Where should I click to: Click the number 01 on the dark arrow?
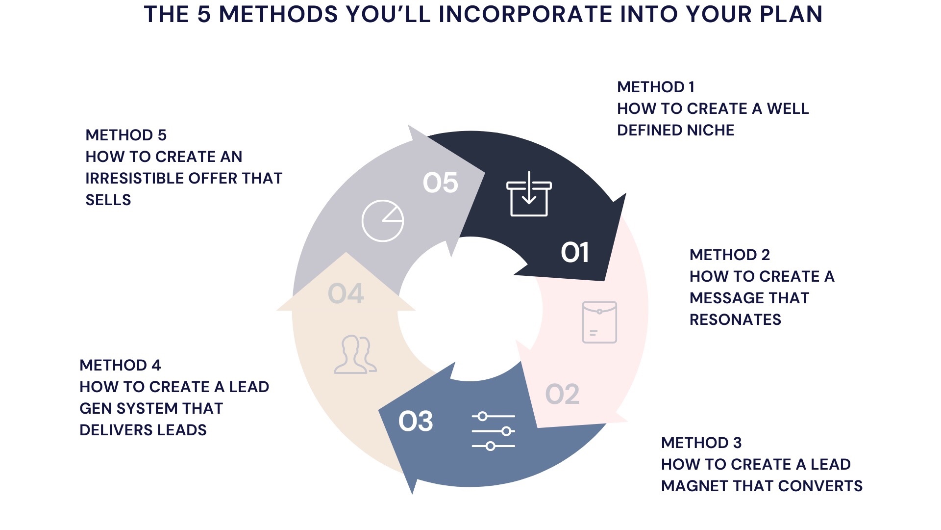click(x=574, y=252)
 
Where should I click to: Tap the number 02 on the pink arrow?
click(x=562, y=394)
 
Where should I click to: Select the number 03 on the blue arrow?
click(x=416, y=421)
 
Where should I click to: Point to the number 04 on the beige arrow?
click(x=346, y=294)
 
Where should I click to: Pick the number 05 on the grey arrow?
click(x=440, y=183)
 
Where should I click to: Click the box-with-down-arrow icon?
click(x=529, y=194)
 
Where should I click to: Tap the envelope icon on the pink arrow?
click(x=599, y=322)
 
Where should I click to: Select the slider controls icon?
click(x=494, y=431)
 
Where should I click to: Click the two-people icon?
click(x=355, y=354)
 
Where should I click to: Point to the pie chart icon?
click(x=383, y=221)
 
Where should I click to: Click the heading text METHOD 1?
click(x=656, y=87)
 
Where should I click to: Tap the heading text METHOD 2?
click(x=729, y=255)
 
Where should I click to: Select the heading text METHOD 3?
click(x=701, y=443)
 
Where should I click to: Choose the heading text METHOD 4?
click(x=120, y=366)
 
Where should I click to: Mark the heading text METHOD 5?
click(x=126, y=135)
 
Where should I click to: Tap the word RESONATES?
click(x=735, y=320)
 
